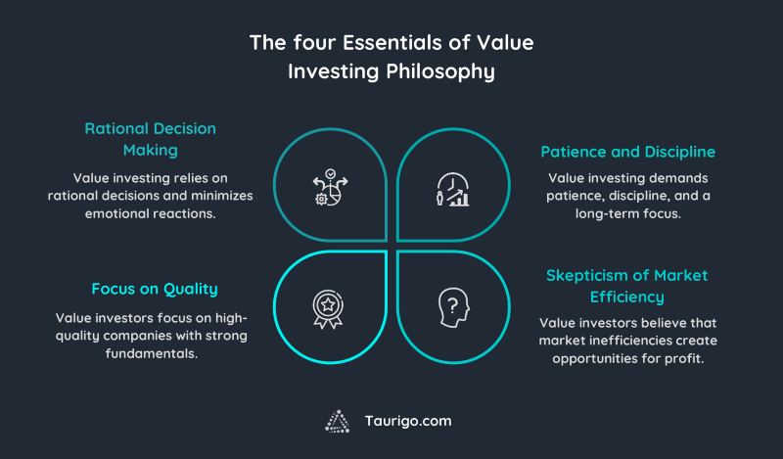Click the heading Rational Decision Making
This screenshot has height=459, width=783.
click(x=150, y=139)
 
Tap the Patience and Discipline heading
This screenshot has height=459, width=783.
click(x=627, y=152)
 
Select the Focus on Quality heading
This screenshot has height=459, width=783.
click(x=154, y=289)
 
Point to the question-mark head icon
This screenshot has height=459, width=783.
click(x=451, y=305)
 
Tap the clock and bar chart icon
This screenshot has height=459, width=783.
click(x=451, y=188)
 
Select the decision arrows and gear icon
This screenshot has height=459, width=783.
click(x=331, y=187)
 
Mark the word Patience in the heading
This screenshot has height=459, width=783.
click(x=574, y=152)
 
